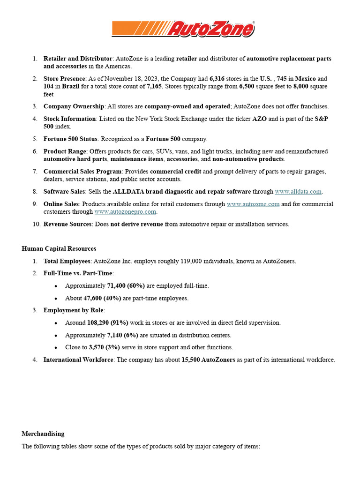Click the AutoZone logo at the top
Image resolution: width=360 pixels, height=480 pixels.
coord(183,29)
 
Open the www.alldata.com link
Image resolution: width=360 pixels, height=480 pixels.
coord(298,191)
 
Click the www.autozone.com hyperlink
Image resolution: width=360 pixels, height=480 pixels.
coord(253,204)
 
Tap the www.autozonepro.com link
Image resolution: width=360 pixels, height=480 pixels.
coord(125,211)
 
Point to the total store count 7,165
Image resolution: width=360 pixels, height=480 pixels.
coord(155,87)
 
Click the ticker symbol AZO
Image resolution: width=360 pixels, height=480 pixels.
coord(259,119)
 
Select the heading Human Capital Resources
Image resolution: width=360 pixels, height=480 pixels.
coord(59,248)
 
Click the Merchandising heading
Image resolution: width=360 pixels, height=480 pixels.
coord(43,434)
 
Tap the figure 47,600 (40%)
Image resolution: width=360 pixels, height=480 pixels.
coord(103,298)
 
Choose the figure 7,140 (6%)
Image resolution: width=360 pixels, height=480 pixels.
coord(123,335)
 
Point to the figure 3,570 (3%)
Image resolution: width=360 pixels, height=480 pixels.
coord(105,347)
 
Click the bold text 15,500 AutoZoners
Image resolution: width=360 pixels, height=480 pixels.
coord(208,360)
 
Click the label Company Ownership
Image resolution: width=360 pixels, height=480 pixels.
coord(74,106)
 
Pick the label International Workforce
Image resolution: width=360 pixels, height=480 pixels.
coord(78,360)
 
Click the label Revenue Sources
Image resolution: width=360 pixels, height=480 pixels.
coord(67,224)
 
